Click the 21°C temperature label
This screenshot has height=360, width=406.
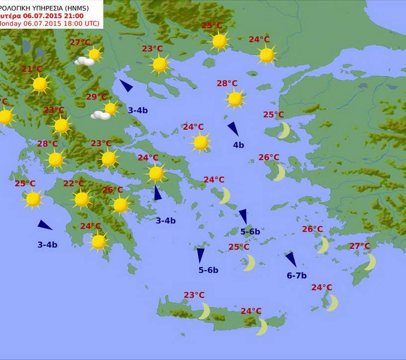click(32, 69)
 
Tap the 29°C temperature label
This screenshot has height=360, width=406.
click(97, 97)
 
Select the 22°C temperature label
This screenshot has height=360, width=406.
click(73, 184)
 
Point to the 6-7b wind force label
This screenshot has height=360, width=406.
click(297, 275)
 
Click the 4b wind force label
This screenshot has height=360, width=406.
click(238, 145)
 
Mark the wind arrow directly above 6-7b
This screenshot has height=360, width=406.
click(291, 259)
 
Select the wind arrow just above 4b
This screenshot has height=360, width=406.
click(233, 129)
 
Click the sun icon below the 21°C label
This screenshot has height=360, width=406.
click(40, 85)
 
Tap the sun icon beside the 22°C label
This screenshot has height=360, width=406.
click(82, 199)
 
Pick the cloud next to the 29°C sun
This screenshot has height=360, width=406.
click(101, 115)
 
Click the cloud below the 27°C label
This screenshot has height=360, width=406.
click(85, 61)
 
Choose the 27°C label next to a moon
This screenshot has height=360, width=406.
click(359, 246)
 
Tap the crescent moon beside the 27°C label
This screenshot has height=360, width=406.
click(370, 261)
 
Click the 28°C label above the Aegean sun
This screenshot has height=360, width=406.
click(227, 83)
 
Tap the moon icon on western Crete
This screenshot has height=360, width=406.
click(204, 311)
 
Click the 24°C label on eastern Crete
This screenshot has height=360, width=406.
click(251, 311)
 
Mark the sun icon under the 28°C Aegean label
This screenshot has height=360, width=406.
click(235, 99)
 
